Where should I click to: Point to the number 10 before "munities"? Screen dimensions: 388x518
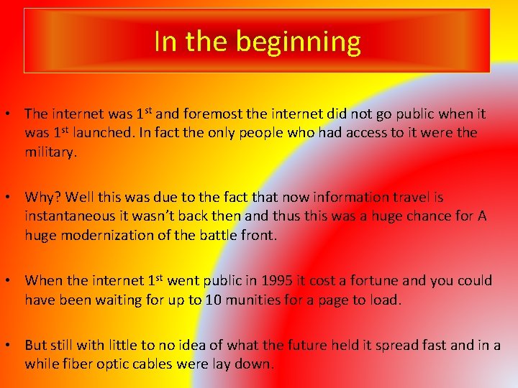[x=214, y=300]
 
